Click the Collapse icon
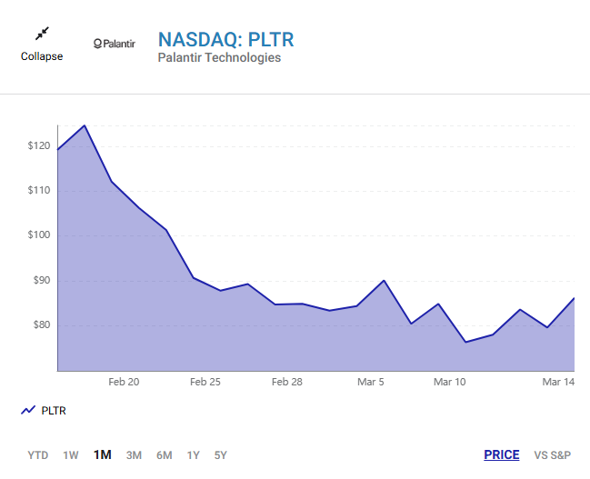pyautogui.click(x=42, y=35)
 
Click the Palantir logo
pyautogui.click(x=114, y=44)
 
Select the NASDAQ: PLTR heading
pyautogui.click(x=226, y=40)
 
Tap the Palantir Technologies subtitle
pyautogui.click(x=219, y=58)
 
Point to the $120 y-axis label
pyautogui.click(x=38, y=145)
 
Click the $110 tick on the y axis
pyautogui.click(x=38, y=191)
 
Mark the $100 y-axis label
pyautogui.click(x=38, y=235)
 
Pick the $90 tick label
pyautogui.click(x=41, y=280)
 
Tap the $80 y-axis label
pyautogui.click(x=41, y=325)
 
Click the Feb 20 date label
pyautogui.click(x=124, y=383)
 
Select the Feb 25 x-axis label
pyautogui.click(x=205, y=383)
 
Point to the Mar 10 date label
pyautogui.click(x=450, y=383)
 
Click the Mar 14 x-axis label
pyautogui.click(x=558, y=383)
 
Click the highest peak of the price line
pyautogui.click(x=85, y=125)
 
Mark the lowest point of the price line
pyautogui.click(x=465, y=342)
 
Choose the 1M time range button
pyautogui.click(x=102, y=455)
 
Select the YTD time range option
pyautogui.click(x=38, y=455)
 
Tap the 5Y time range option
pyautogui.click(x=221, y=455)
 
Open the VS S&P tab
pyautogui.click(x=554, y=455)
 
